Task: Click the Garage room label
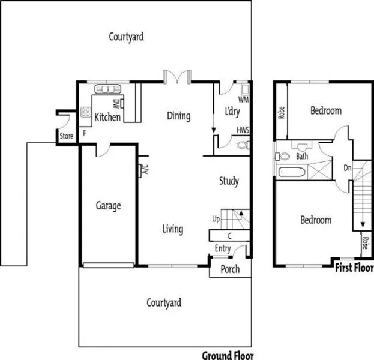[108, 206]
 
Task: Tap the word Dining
[178, 116]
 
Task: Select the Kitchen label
[107, 117]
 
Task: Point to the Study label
[229, 181]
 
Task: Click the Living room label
[173, 229]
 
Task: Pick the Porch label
[229, 269]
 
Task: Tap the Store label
[66, 137]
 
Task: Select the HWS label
[243, 130]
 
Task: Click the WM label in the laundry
[244, 98]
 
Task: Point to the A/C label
[145, 170]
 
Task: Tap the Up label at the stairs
[216, 218]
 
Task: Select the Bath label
[302, 157]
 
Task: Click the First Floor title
[354, 268]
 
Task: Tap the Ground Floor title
[228, 355]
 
